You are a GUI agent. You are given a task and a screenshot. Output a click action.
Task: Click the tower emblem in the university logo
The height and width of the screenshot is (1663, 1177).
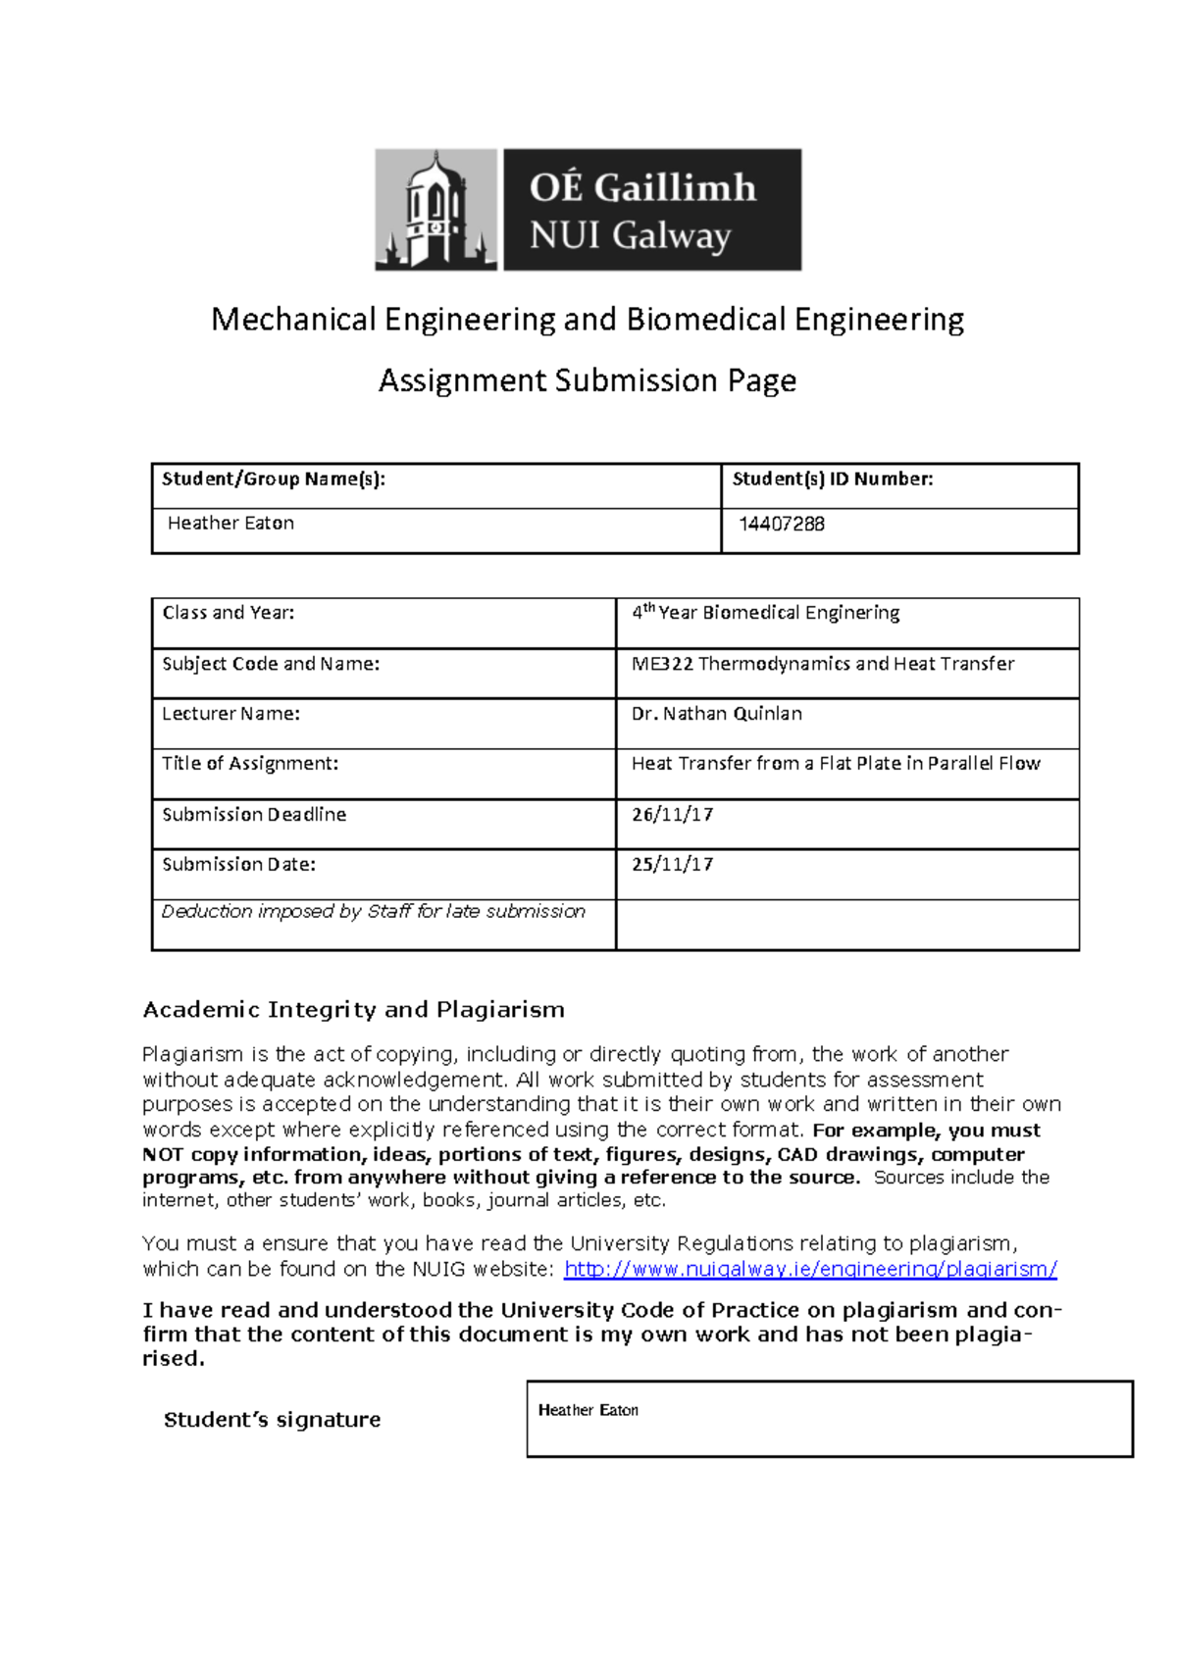435,210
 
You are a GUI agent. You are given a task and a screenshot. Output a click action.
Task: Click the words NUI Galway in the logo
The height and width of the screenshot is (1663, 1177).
630,236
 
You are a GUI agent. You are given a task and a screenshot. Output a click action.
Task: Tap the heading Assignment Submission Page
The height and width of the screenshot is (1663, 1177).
587,380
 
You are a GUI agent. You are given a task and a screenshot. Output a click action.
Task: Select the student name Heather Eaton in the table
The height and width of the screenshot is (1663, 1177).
230,524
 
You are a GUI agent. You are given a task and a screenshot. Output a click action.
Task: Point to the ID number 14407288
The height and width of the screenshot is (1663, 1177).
781,525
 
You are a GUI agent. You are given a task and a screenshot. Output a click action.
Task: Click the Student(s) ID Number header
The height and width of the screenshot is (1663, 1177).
832,479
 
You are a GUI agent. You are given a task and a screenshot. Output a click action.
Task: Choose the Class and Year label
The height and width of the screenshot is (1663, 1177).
228,613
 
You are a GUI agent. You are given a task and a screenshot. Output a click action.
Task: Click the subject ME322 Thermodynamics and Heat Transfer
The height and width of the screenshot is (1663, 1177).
822,664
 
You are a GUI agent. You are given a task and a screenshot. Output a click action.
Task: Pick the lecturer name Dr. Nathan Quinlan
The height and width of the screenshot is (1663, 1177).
716,714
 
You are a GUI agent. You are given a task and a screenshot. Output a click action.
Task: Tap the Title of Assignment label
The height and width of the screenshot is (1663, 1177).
249,764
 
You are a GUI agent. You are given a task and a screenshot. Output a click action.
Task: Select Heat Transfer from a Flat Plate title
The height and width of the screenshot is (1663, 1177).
835,764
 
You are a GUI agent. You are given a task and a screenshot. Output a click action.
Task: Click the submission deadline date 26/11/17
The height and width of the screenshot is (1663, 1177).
672,815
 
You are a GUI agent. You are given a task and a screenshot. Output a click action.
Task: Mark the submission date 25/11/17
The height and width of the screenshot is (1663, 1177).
672,865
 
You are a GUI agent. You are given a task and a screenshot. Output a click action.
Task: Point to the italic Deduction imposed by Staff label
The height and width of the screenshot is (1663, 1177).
373,912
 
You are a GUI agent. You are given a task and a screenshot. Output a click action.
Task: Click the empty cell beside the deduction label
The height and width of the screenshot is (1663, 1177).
846,925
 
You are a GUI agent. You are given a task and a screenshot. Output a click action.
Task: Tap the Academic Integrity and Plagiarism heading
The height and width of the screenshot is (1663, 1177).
353,1010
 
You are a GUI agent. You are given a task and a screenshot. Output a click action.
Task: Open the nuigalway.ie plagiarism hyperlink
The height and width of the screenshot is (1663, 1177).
810,1270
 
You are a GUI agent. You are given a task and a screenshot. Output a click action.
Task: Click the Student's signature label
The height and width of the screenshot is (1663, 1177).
272,1420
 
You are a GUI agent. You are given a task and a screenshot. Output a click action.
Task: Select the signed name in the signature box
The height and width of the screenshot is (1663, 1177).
588,1410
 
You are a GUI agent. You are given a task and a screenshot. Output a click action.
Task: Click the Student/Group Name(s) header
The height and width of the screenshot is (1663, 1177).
273,479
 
